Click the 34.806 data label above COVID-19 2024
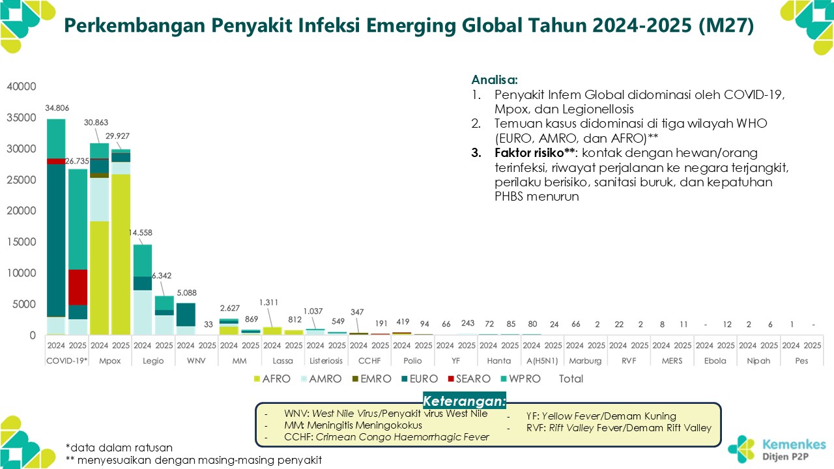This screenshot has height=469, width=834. coord(56,108)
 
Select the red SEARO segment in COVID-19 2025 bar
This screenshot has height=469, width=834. coord(78,287)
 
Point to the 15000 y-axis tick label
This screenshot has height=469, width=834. coord(22,242)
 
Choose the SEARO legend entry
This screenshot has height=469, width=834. coord(467,378)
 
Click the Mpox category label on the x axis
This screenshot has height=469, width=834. coord(109,360)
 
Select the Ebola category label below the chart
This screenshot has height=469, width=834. coord(715,360)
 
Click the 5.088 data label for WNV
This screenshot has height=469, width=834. coord(186,292)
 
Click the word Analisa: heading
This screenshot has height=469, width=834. coord(495,80)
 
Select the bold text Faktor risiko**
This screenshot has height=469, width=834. coord(531,153)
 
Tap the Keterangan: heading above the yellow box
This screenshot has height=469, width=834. coord(464,400)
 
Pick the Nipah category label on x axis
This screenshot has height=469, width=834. coord(758,360)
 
